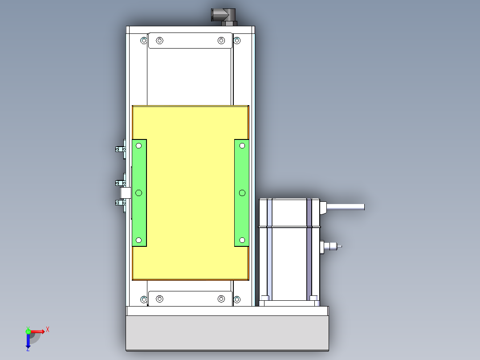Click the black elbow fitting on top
click(224, 17)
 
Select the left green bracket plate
click(139, 193)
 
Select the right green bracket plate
click(241, 193)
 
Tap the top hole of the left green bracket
click(138, 146)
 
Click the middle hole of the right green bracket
click(242, 193)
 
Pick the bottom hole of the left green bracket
click(138, 240)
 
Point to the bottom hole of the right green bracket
click(242, 240)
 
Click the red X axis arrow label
click(48, 330)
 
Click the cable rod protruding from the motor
click(346, 207)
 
